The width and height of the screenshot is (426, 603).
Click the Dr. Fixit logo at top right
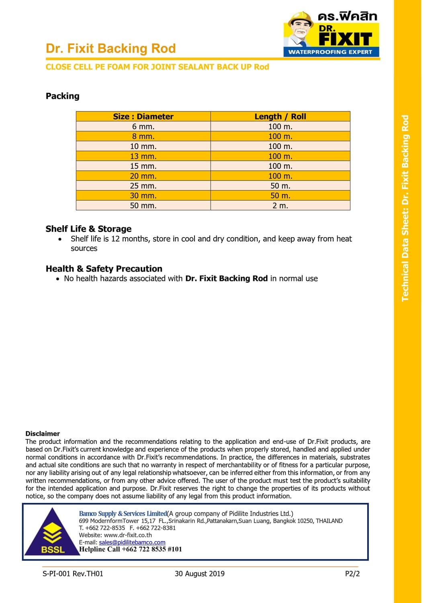(332, 34)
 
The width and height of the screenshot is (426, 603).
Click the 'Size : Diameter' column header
(143, 117)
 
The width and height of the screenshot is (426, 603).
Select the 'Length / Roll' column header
(280, 117)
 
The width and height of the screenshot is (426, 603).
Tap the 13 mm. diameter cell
(143, 156)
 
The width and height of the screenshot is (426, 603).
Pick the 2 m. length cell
(280, 205)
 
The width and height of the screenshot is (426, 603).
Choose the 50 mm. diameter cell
(143, 205)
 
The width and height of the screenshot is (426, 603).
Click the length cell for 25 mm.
(280, 186)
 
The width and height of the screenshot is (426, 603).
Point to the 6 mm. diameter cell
(143, 126)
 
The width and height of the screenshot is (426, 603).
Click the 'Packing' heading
(63, 96)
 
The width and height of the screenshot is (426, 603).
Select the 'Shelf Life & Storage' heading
(88, 229)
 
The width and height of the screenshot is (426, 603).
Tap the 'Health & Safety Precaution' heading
(104, 269)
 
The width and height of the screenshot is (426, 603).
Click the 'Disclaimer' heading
(43, 433)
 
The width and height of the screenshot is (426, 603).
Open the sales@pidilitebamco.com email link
(132, 542)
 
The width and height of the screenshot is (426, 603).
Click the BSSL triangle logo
(52, 533)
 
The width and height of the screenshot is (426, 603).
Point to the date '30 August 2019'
(199, 574)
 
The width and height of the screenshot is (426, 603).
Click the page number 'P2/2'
(352, 574)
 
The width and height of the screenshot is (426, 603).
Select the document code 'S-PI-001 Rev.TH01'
(73, 574)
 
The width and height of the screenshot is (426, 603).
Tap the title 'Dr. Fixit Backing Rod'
(111, 49)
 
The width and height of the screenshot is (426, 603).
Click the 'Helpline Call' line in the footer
(130, 549)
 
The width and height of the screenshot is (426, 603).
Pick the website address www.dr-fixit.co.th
(128, 535)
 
